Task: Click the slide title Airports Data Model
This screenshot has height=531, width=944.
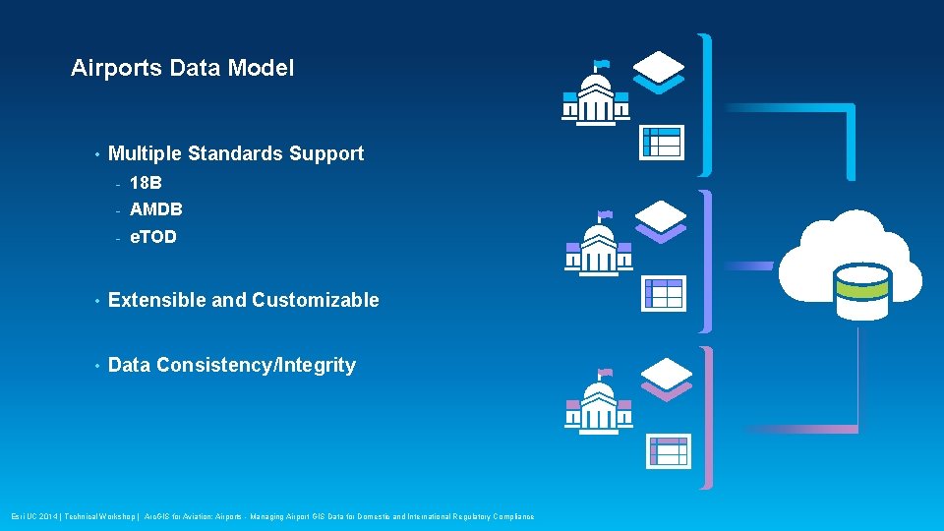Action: (x=182, y=68)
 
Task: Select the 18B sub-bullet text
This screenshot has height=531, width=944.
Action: (x=146, y=183)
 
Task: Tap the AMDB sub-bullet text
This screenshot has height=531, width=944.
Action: (x=155, y=209)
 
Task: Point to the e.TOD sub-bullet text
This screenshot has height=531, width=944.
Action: (x=153, y=237)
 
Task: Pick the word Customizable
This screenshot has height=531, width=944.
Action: (x=315, y=300)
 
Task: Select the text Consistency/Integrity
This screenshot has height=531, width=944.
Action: (x=256, y=365)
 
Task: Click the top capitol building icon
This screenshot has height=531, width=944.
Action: (x=596, y=96)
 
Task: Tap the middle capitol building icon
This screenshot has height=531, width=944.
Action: (x=598, y=246)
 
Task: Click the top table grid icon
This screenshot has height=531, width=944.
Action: (x=661, y=142)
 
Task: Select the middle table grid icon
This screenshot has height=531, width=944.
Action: (x=663, y=294)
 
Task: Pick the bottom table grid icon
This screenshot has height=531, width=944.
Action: (x=668, y=450)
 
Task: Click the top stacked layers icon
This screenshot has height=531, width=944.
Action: (x=659, y=69)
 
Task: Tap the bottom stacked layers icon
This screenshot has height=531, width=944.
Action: (x=666, y=378)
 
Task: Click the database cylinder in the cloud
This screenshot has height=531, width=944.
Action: (x=861, y=291)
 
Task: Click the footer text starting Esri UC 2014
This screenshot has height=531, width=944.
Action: (x=272, y=516)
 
